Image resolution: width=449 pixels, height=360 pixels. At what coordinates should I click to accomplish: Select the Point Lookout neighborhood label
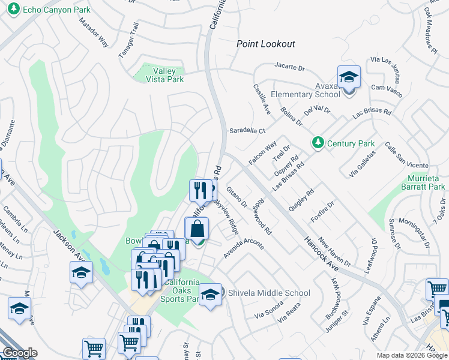click(x=265, y=44)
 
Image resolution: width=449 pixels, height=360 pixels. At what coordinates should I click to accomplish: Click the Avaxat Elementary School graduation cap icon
click(x=348, y=77)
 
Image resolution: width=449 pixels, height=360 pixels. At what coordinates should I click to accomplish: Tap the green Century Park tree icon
click(x=318, y=143)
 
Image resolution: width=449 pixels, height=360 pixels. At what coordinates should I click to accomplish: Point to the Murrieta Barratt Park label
click(x=423, y=182)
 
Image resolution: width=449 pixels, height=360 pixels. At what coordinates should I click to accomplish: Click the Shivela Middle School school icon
click(x=210, y=294)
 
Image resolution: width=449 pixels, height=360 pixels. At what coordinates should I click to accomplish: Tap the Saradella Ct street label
click(x=247, y=131)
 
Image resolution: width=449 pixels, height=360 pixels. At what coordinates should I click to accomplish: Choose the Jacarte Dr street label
click(x=291, y=65)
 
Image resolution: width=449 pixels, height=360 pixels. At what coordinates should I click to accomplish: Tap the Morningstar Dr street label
click(x=414, y=233)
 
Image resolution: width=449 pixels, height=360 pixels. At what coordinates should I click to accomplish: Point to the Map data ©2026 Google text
click(x=411, y=355)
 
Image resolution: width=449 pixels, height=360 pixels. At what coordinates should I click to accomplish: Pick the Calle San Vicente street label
click(x=406, y=155)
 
